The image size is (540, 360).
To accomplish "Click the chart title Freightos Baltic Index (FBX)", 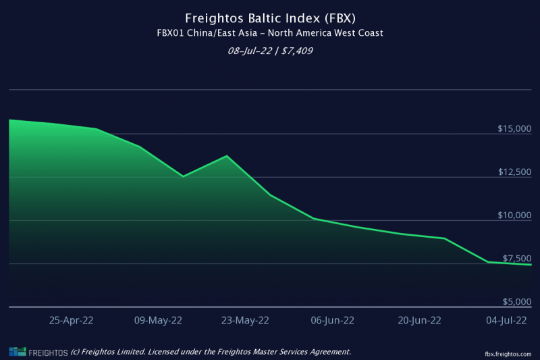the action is click(x=271, y=18).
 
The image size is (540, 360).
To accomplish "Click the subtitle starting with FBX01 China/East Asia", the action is click(x=270, y=33).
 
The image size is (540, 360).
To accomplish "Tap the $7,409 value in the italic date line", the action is click(x=297, y=51).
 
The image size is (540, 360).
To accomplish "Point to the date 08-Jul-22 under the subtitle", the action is click(x=250, y=51).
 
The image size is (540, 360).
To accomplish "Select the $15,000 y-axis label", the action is click(x=514, y=129).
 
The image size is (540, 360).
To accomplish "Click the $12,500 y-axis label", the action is click(x=515, y=172).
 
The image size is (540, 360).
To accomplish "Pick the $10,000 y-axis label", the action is click(x=514, y=215).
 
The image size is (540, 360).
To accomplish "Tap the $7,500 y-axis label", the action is click(x=517, y=259).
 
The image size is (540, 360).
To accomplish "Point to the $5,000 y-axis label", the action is click(x=517, y=302).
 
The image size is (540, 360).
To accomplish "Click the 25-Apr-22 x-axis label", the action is click(x=72, y=320).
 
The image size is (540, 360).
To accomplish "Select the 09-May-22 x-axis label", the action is click(x=158, y=320).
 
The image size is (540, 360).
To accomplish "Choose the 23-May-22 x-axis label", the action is click(x=245, y=320).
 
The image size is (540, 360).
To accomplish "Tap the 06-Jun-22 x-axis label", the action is click(x=332, y=320).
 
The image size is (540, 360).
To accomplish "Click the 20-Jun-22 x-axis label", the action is click(x=419, y=320).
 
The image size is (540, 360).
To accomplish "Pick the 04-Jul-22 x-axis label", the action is click(x=506, y=320).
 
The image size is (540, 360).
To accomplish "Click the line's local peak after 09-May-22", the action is click(x=227, y=156).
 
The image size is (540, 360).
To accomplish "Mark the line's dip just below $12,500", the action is click(x=183, y=176).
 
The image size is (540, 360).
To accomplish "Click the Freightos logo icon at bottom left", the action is click(x=18, y=352).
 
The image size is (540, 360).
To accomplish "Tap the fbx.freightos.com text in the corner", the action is click(x=508, y=354).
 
